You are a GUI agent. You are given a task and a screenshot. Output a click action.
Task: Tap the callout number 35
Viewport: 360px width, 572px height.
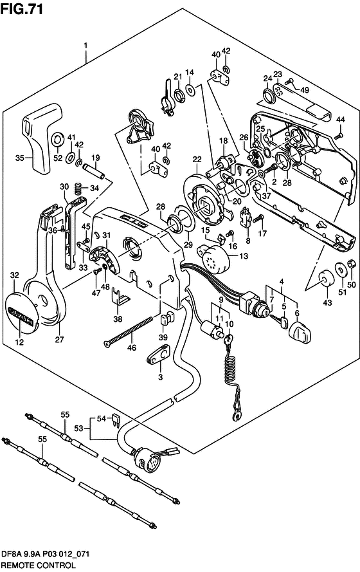click(21, 158)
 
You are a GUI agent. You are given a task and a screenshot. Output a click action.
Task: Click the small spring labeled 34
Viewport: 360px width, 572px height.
click(77, 189)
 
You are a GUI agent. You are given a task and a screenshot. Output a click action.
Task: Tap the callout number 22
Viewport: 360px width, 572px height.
click(197, 160)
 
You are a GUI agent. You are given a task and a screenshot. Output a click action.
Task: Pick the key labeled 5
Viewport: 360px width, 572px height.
click(279, 320)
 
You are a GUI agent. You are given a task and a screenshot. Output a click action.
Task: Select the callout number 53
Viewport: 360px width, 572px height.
click(78, 428)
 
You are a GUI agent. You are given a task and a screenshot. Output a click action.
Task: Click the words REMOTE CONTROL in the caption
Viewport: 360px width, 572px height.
click(39, 566)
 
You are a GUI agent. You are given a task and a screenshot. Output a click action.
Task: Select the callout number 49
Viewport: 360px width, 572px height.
click(304, 89)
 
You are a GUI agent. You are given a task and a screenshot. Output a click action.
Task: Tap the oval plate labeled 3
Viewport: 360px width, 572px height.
click(159, 355)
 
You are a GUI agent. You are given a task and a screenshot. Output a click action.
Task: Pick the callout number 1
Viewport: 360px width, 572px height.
click(85, 46)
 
